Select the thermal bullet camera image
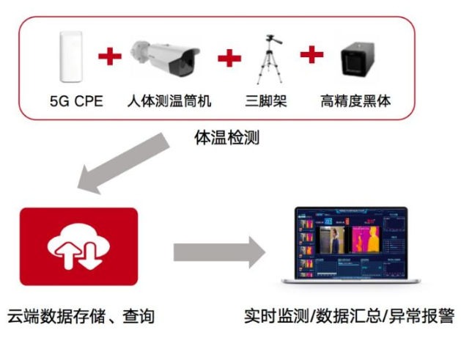tap(165, 56)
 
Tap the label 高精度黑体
tap(356, 100)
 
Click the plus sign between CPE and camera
tap(110, 56)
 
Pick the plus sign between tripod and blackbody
tap(311, 54)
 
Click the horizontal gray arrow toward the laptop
tap(218, 252)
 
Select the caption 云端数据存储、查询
tap(80, 317)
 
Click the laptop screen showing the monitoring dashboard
tap(350, 243)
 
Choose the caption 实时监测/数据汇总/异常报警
tap(349, 317)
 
